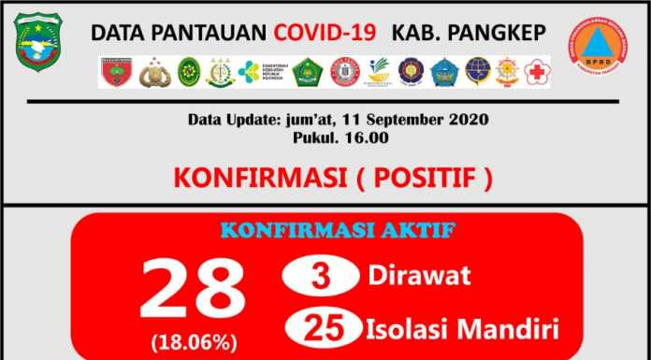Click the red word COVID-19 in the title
325,33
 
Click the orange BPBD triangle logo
601,49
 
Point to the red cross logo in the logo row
534,72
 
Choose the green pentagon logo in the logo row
306,72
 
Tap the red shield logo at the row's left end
115,72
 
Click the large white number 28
194,289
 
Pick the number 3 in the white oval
321,276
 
